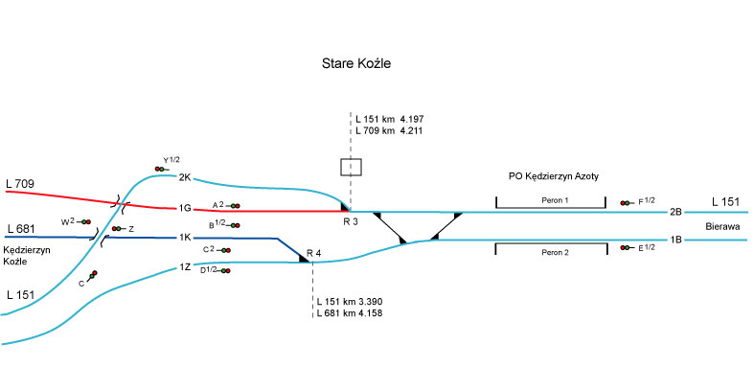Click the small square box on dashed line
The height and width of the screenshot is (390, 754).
pos(351,167)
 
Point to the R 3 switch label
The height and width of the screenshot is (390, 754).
pos(351,221)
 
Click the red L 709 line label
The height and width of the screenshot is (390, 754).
pos(20,182)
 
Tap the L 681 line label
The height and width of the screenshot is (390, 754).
pos(20,229)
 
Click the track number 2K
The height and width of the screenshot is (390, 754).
pos(185,177)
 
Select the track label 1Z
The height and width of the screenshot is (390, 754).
pos(185,267)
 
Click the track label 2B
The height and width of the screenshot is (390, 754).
pos(675,211)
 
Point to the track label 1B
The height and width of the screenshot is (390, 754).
pos(675,240)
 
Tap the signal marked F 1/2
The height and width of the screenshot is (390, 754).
pos(627,202)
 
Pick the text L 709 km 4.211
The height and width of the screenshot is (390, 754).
pos(389,130)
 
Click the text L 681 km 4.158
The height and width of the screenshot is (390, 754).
pos(349,312)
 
